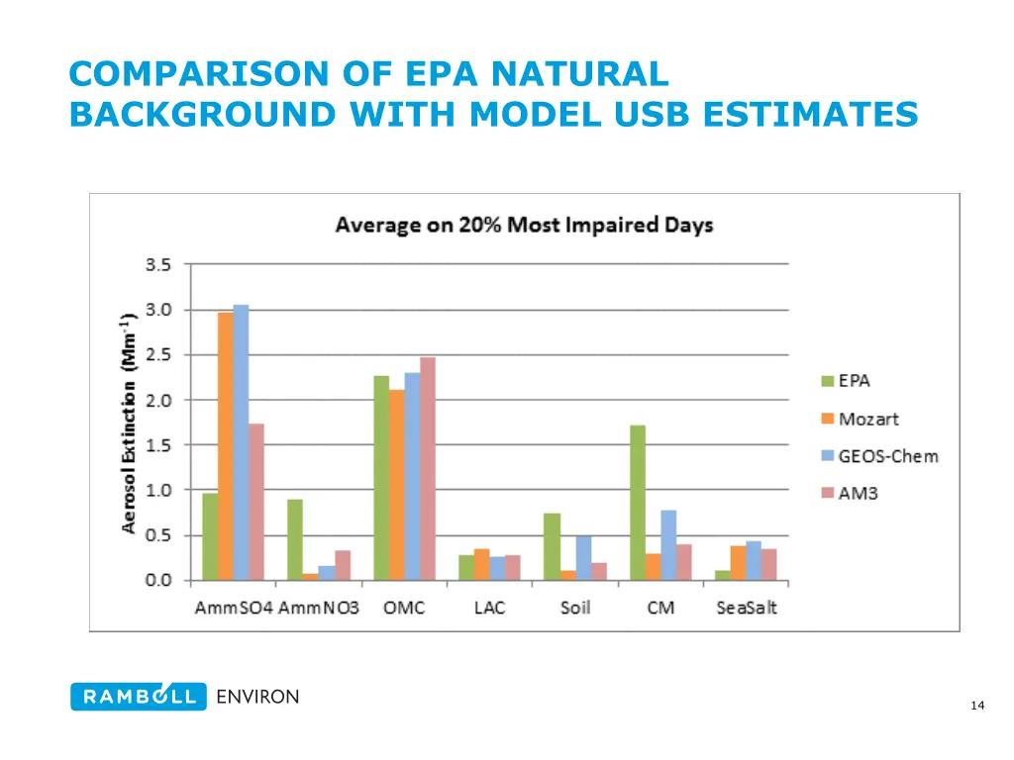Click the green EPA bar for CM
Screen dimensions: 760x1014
(638, 503)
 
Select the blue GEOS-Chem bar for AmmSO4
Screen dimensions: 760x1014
(241, 442)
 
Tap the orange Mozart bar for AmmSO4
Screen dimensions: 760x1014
(226, 446)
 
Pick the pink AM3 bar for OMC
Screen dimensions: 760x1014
(427, 469)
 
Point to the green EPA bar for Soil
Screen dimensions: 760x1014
(552, 546)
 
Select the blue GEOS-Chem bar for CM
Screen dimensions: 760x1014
(668, 545)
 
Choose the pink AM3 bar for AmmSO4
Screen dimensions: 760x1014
(256, 502)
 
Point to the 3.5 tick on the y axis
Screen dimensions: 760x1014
(158, 264)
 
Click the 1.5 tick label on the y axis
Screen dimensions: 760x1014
(158, 445)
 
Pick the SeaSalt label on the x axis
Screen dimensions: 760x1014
(747, 608)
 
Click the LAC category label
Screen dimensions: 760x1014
(489, 608)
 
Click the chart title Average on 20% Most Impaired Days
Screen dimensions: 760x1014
(524, 225)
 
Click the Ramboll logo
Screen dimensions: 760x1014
(139, 697)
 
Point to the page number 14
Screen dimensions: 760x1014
(977, 705)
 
